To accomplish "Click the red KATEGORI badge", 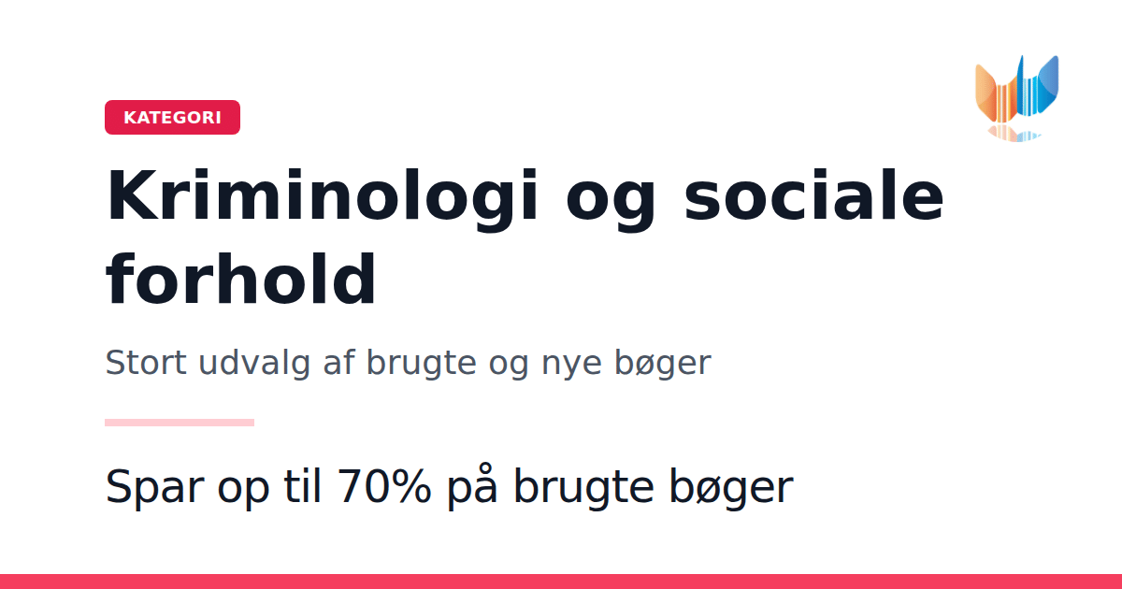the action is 172,117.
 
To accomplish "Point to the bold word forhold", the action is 241,279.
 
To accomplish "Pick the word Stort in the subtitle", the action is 146,362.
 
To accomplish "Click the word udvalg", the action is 254,364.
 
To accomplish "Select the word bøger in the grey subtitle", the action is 663,364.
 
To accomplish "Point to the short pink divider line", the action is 180,423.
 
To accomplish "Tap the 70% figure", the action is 384,486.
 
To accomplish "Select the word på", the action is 472,487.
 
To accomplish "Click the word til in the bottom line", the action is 302,485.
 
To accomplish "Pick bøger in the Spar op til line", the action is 731,487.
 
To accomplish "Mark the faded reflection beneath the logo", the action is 1014,133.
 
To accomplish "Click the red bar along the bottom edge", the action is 561,582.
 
